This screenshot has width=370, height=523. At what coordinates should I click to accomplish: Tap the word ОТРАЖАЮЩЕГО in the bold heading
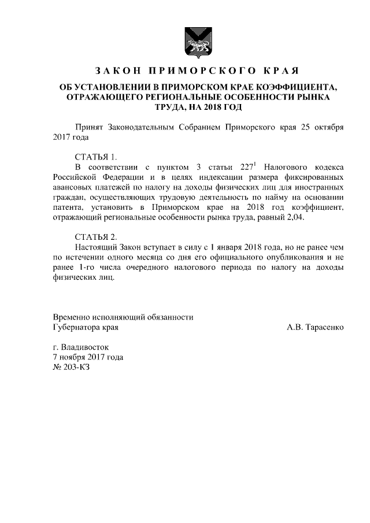coord(105,97)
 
